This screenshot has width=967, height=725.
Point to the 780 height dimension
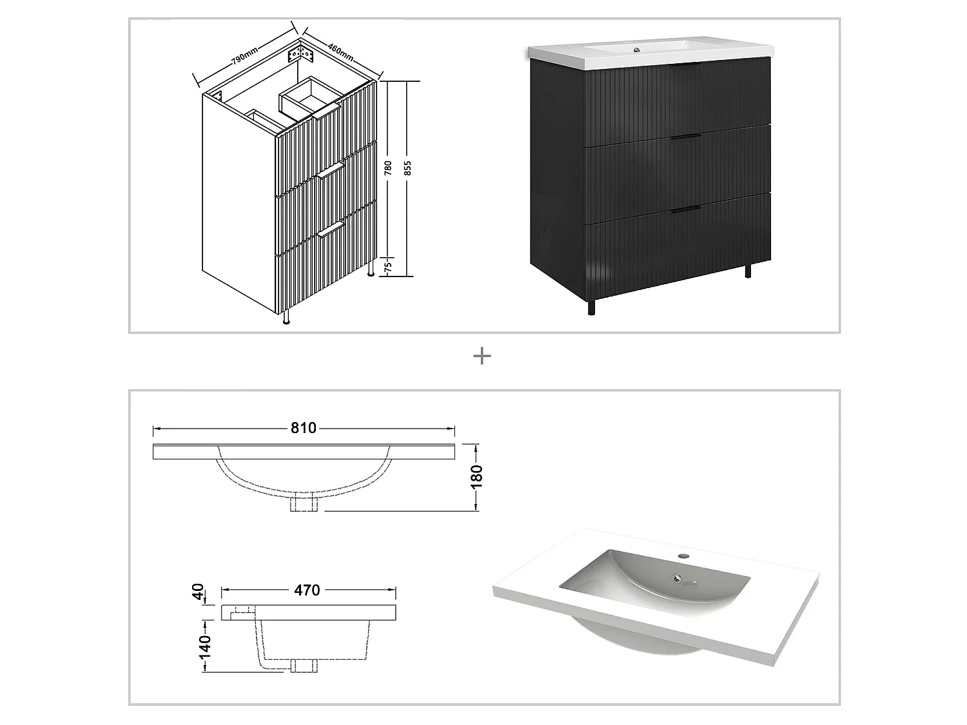click(x=387, y=169)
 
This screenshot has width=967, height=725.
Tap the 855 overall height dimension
click(x=407, y=169)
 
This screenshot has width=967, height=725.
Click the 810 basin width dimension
click(x=304, y=429)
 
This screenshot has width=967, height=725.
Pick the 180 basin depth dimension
click(x=477, y=477)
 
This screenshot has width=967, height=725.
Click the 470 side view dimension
click(x=307, y=590)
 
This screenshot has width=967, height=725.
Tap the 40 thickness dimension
click(x=199, y=590)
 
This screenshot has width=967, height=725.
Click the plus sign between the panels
click(x=482, y=356)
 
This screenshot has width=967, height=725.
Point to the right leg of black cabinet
click(x=748, y=270)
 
